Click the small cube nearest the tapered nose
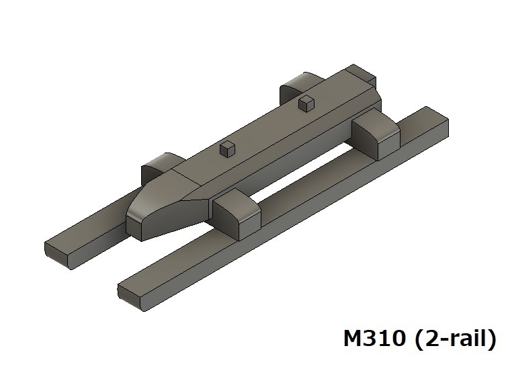(228, 149)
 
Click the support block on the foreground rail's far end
(376, 134)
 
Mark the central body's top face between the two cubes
(269, 128)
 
